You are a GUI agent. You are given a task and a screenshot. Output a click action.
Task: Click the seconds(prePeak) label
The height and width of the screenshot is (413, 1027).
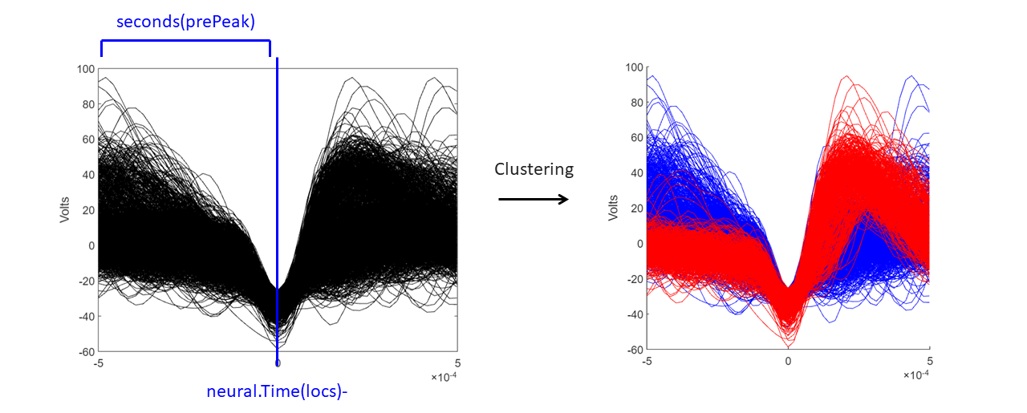(x=185, y=22)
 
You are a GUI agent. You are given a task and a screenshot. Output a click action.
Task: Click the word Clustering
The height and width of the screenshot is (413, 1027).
(x=534, y=169)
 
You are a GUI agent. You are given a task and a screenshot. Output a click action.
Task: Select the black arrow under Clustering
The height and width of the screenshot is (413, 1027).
(x=534, y=199)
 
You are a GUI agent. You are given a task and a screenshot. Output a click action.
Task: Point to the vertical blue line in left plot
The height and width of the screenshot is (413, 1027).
(x=277, y=200)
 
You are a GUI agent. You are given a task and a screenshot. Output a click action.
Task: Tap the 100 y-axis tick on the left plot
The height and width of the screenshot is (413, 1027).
(x=85, y=70)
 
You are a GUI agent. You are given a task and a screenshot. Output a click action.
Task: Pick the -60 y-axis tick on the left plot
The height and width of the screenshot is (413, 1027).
(x=86, y=352)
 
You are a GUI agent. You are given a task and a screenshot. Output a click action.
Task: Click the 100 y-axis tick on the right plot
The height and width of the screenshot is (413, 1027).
(x=634, y=67)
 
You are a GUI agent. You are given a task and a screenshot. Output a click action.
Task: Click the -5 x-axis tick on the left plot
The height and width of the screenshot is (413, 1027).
(x=99, y=363)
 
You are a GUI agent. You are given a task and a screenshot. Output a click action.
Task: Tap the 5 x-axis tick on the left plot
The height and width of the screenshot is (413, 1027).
(x=457, y=363)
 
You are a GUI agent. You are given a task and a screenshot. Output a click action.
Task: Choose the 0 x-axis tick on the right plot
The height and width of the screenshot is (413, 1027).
(x=788, y=362)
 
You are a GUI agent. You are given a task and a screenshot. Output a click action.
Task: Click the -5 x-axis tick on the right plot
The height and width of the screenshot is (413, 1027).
(x=647, y=362)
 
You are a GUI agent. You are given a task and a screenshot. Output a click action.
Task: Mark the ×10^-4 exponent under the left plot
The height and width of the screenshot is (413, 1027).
(x=445, y=376)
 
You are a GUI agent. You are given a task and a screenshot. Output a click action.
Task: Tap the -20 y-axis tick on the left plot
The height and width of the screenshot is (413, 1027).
(x=86, y=281)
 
